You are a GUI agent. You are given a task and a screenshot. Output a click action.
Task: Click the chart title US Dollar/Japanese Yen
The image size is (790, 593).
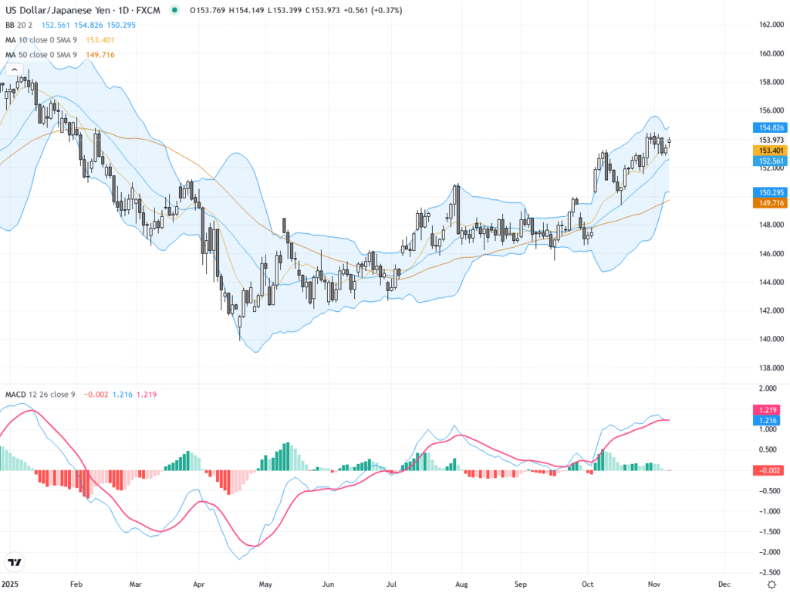(x=59, y=10)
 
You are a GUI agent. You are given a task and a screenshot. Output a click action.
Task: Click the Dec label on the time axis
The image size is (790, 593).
(x=724, y=585)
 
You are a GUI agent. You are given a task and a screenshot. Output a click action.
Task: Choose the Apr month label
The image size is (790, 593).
(x=199, y=585)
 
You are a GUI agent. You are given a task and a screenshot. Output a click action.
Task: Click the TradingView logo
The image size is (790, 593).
(x=14, y=562)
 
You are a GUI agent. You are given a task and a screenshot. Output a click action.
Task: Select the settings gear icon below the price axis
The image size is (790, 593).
(x=766, y=585)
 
